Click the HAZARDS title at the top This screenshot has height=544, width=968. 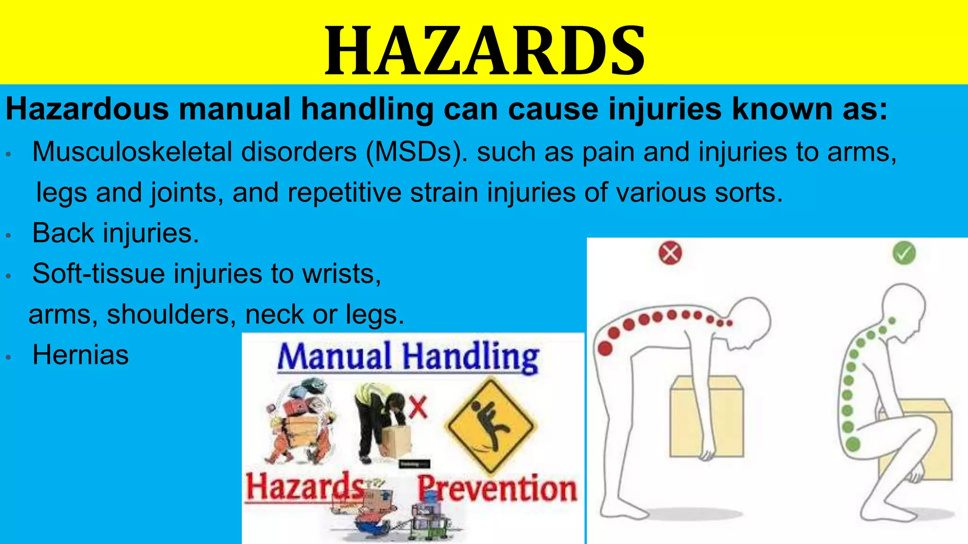(485, 51)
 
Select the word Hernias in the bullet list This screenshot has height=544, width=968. (80, 355)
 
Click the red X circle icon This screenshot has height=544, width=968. (670, 253)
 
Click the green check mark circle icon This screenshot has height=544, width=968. (904, 253)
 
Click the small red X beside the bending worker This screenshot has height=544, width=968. (418, 407)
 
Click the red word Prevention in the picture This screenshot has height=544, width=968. (497, 488)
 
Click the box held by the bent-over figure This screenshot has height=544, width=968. (706, 416)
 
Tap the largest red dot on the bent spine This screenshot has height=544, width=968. (605, 348)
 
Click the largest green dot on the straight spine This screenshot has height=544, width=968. (853, 444)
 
